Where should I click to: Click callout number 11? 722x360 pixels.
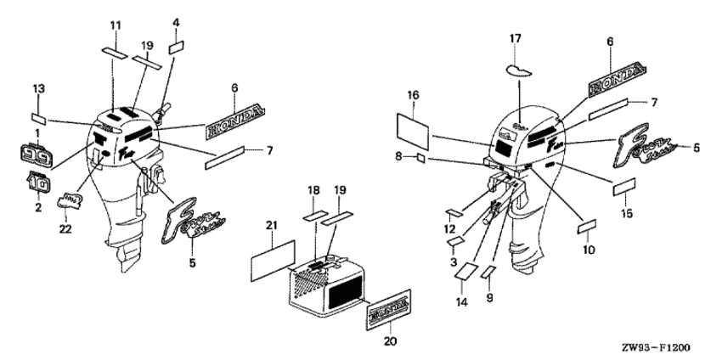click(116, 23)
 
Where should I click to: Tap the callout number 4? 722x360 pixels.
click(176, 21)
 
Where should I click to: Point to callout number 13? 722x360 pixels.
click(38, 89)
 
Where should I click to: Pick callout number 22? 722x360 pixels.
click(65, 228)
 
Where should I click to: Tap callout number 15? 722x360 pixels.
click(627, 214)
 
